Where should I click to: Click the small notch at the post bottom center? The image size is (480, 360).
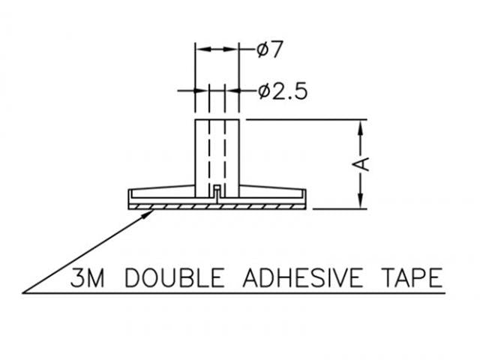[x=217, y=187]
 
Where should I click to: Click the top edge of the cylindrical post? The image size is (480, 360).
[x=217, y=119]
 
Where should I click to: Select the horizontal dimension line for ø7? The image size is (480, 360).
[x=217, y=50]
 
